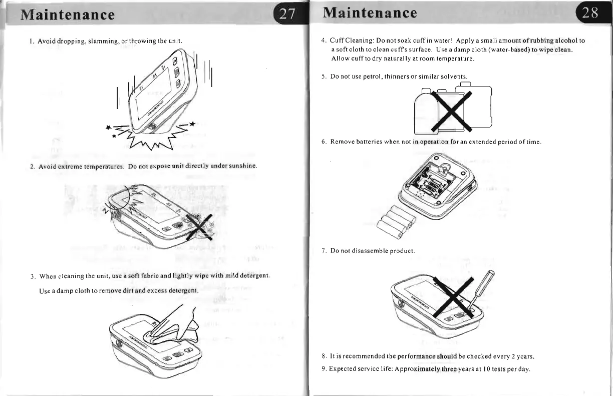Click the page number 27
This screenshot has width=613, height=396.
tap(287, 13)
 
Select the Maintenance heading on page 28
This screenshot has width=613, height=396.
tap(370, 12)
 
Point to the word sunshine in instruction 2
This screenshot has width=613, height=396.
tap(242, 165)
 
